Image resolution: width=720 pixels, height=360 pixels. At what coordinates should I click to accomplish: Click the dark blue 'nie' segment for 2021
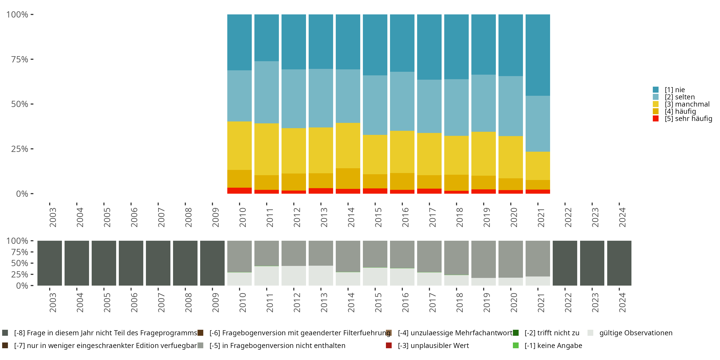point(538,55)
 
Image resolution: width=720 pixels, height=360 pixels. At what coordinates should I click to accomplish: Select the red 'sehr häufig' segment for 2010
point(239,191)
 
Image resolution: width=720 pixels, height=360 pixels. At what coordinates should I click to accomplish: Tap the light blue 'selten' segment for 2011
point(266,92)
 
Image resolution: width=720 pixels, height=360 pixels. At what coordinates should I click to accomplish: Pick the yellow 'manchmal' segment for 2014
point(348,145)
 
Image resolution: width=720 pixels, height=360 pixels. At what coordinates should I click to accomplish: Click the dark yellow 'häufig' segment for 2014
point(348,179)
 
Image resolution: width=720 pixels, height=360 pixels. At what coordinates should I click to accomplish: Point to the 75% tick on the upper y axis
point(32,59)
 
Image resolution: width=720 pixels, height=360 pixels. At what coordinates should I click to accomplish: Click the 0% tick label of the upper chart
point(22,194)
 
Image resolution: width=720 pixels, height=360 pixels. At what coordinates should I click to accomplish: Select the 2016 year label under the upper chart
point(405,217)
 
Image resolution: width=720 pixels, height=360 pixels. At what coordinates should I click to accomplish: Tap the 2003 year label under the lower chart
point(53,302)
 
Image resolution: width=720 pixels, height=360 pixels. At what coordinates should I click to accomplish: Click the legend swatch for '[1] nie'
point(655,90)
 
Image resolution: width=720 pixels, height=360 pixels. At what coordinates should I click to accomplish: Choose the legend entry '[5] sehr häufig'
point(688,119)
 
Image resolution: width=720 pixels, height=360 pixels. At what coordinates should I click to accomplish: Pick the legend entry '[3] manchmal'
point(687,104)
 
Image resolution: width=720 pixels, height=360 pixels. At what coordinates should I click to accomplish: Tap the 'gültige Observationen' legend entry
point(636,333)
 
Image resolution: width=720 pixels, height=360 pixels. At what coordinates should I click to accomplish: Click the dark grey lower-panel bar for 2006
point(131,263)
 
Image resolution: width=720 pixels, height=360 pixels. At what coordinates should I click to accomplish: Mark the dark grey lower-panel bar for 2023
point(592,263)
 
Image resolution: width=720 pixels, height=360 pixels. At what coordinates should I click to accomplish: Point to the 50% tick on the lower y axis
point(32,263)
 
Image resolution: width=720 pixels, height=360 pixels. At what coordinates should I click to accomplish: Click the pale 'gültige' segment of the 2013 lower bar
point(321,276)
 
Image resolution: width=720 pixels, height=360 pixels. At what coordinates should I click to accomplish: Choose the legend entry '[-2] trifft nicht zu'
point(552,333)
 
